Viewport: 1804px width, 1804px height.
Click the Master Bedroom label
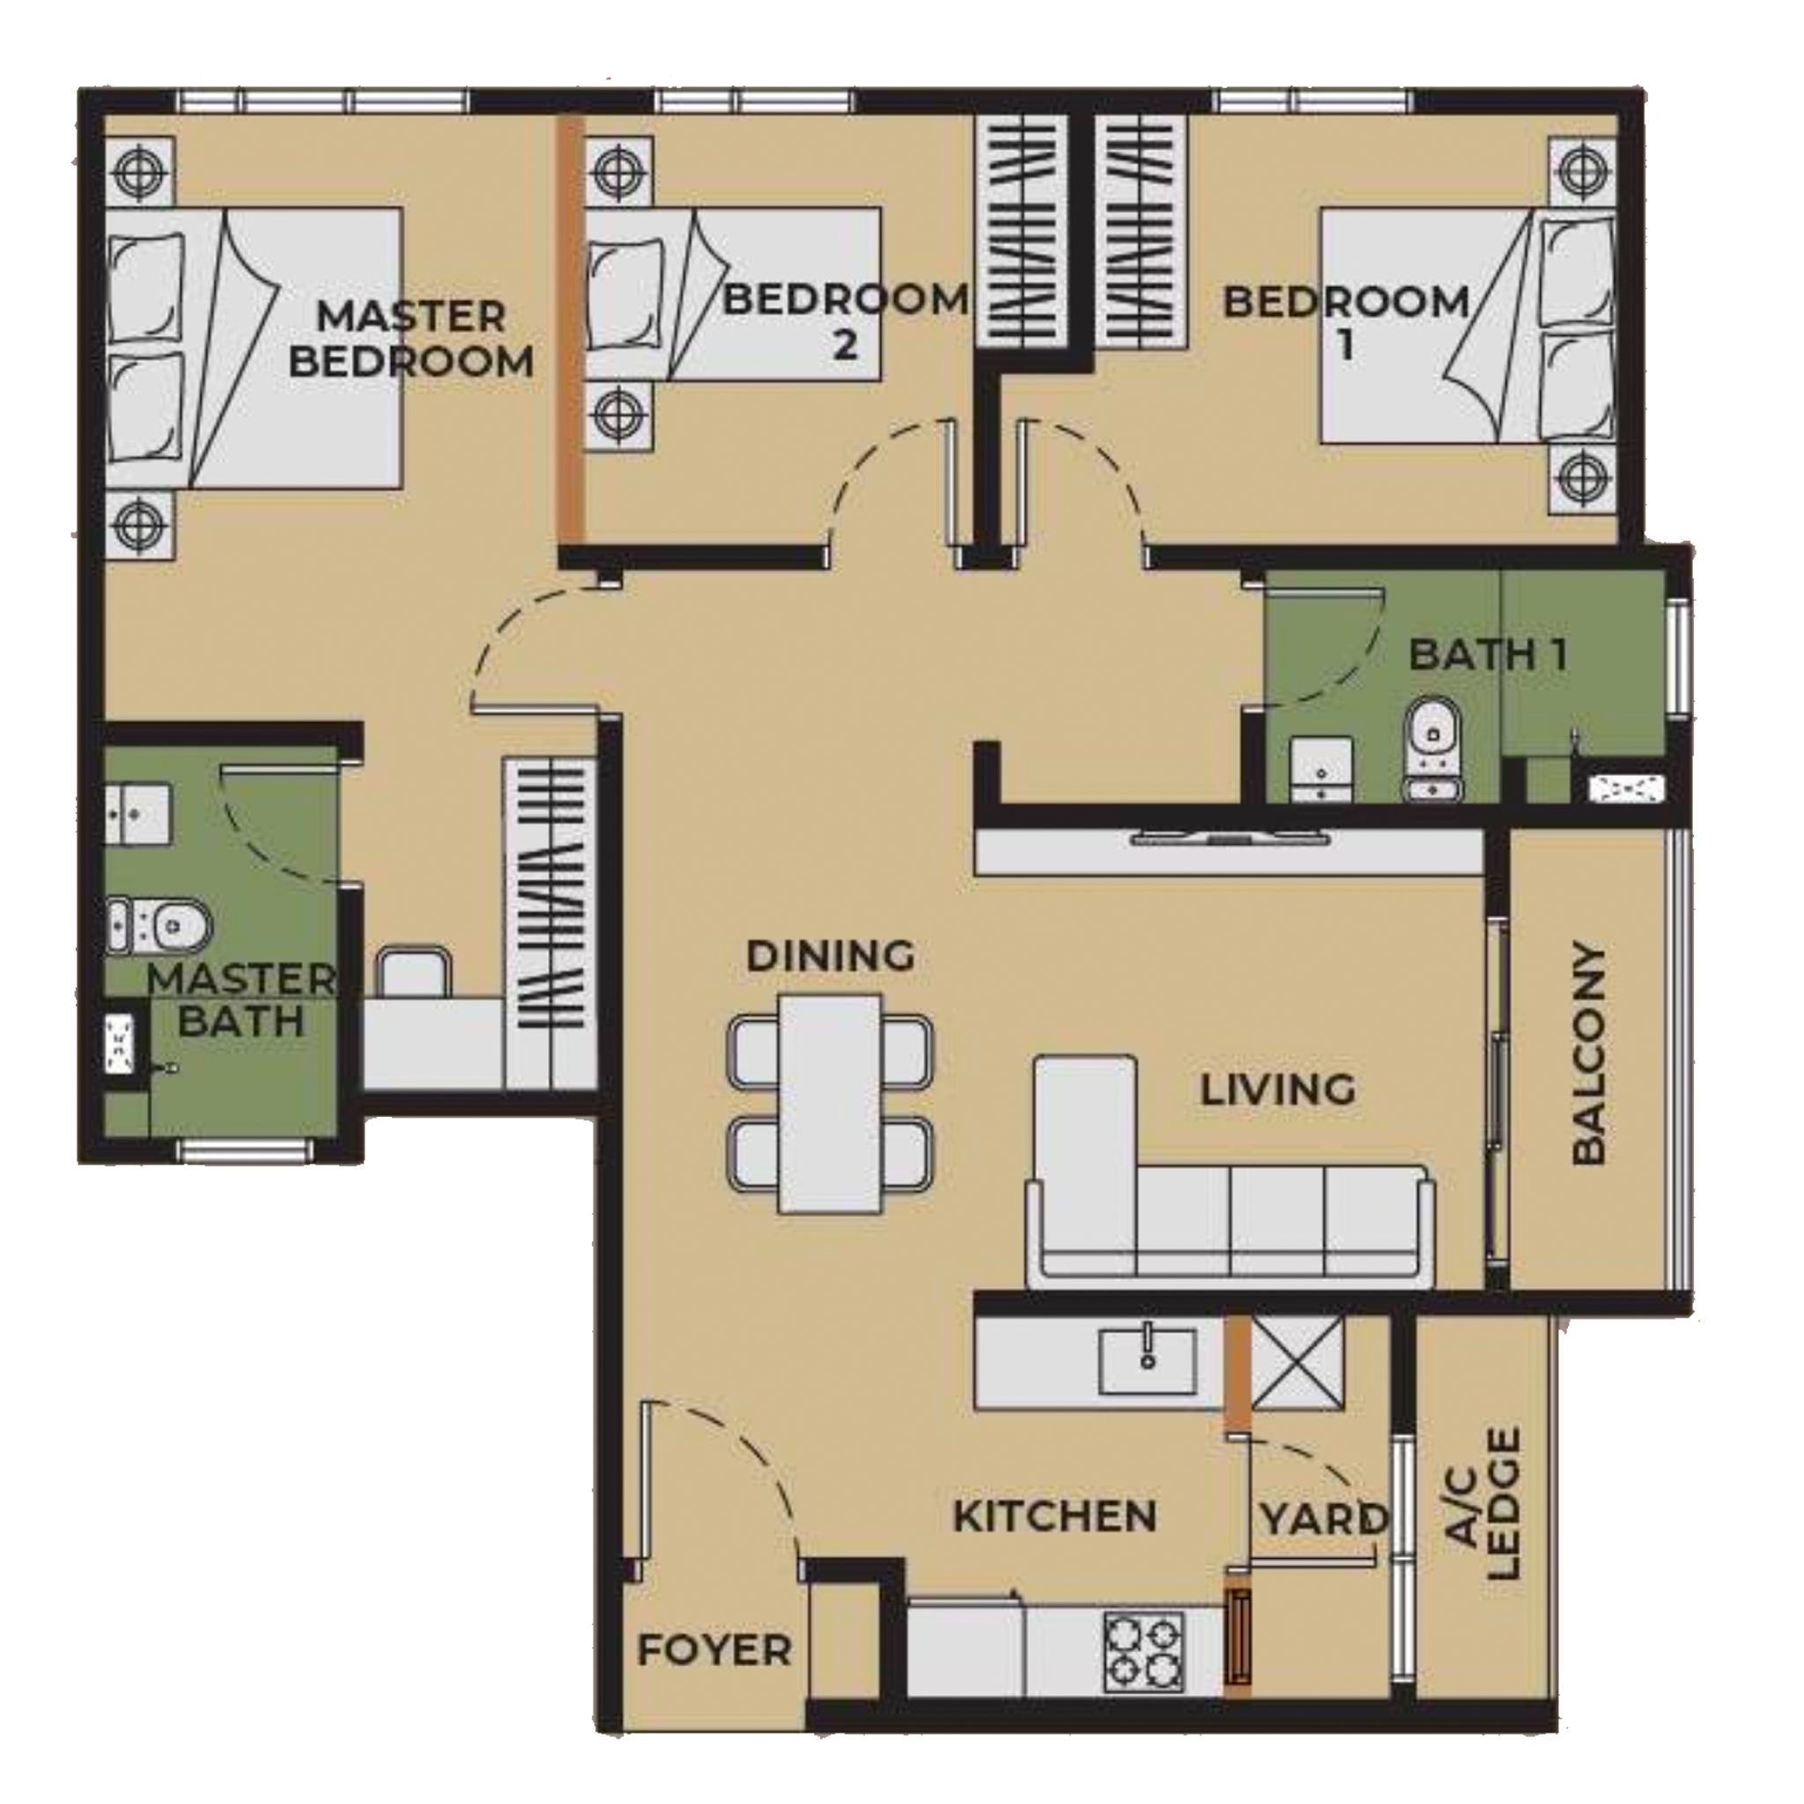(410, 339)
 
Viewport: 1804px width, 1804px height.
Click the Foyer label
(714, 1651)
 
